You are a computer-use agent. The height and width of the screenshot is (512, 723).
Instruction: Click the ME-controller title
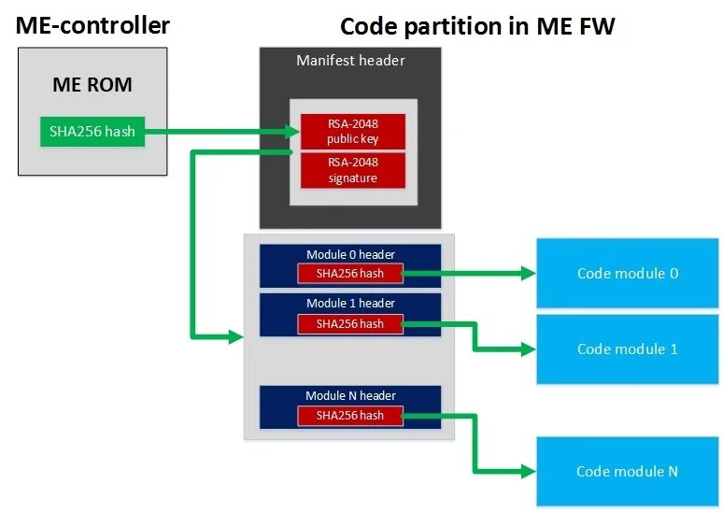(92, 25)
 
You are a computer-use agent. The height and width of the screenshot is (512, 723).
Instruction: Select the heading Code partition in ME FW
(477, 26)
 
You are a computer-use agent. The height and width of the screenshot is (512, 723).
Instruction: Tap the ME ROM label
(92, 84)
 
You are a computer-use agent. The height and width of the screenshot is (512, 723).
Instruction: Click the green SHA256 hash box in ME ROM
(92, 132)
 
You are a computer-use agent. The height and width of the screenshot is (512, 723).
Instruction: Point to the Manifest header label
(350, 61)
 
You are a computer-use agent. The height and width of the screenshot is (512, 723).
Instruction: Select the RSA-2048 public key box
(353, 132)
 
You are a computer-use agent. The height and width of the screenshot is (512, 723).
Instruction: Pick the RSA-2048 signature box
(353, 170)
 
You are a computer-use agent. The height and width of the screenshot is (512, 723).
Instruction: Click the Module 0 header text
(350, 255)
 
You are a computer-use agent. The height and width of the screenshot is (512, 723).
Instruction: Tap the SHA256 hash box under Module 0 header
(350, 274)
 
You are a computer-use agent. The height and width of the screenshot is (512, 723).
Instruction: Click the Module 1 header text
(350, 303)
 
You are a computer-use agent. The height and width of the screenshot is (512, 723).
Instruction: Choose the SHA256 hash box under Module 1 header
(350, 324)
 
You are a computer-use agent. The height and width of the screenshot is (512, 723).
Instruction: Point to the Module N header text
(350, 396)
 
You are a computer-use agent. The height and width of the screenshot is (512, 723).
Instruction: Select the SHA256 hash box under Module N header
(350, 416)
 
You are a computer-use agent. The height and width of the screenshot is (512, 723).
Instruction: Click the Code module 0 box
(628, 273)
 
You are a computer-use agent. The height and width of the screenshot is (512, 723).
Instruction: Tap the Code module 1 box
(628, 349)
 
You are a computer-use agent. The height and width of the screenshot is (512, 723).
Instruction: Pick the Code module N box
(628, 472)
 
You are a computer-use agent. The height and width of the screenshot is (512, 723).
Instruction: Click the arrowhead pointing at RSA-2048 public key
(292, 132)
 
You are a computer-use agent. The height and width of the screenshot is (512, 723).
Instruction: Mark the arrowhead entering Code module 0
(529, 273)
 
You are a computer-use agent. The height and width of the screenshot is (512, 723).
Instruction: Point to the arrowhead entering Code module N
(529, 471)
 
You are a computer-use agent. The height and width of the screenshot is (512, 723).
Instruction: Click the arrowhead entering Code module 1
(529, 349)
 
